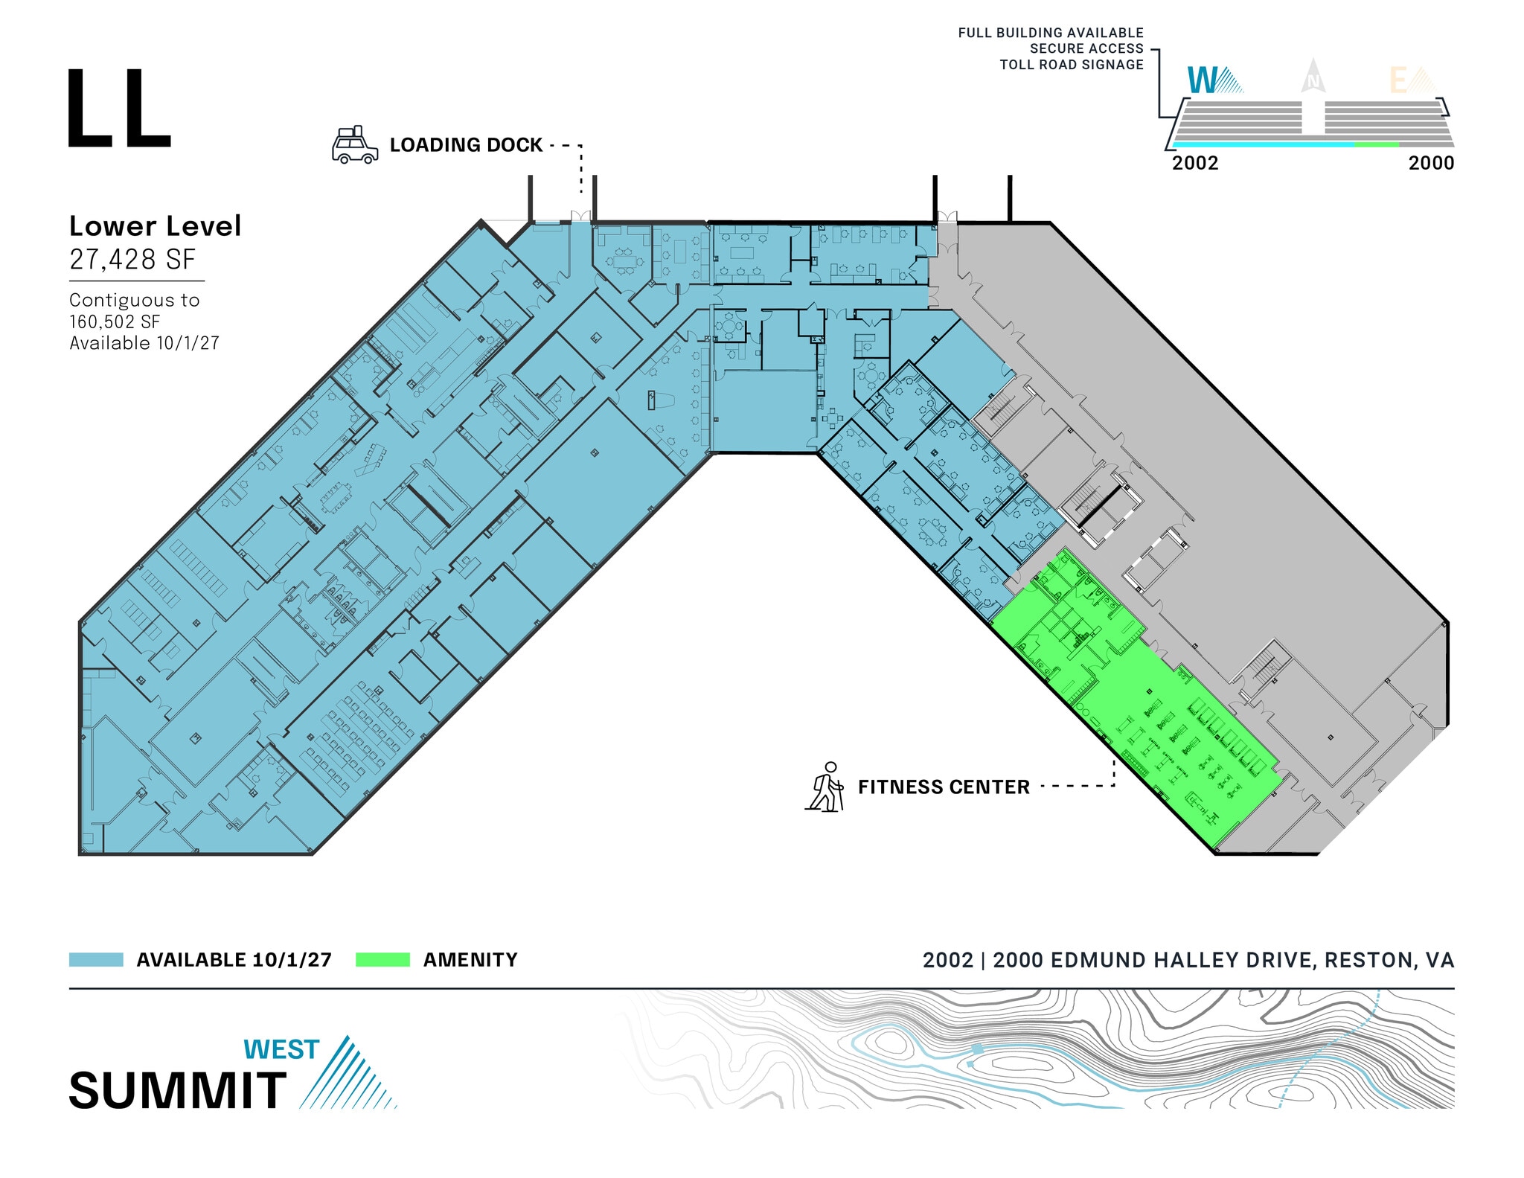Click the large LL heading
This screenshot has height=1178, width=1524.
coord(119,109)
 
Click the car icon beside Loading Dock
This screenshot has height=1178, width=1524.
coord(355,145)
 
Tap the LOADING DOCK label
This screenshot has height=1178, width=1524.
coord(466,145)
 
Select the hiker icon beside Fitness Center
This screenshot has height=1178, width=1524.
coord(826,787)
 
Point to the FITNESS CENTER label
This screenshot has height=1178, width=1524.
coord(944,787)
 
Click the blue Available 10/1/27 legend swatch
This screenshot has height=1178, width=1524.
coord(96,960)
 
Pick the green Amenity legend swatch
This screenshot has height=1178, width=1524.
coord(382,960)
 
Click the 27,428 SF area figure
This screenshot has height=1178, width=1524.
coord(132,260)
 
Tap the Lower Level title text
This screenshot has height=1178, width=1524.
coord(155,226)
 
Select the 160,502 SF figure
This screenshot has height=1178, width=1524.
coord(115,322)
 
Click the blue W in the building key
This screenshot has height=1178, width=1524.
coord(1203,80)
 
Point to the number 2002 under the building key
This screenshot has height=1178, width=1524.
coord(1195,163)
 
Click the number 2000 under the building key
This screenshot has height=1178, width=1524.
coord(1431,163)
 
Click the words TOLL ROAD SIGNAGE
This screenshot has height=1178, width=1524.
coord(1072,65)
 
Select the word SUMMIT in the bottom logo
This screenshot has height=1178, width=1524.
coord(178,1091)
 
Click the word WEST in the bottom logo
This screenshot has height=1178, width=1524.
coord(281,1049)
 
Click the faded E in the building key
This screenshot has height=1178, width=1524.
coord(1399,80)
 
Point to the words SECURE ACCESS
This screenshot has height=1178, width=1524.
coord(1086,49)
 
